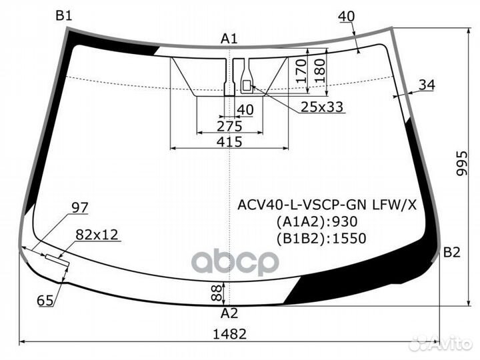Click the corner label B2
coord(452,253)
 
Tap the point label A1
coord(229,39)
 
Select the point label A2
coord(229,313)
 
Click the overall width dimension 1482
coord(231,334)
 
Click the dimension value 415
coord(229,141)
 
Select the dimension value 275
coord(229,126)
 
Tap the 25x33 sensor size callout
coord(321,107)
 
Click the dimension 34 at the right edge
coord(427,84)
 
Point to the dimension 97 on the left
coord(79,208)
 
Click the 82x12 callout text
coord(96,234)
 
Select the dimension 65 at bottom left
coord(45,301)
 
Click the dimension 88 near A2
coord(215,291)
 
